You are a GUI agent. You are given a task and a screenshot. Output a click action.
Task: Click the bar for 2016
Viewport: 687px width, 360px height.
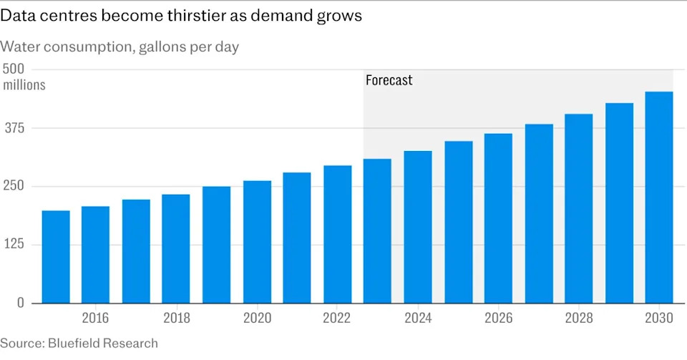pos(95,255)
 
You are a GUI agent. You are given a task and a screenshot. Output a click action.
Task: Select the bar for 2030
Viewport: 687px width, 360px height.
pos(659,197)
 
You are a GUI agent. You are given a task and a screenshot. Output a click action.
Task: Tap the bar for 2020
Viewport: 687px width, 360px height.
pos(257,242)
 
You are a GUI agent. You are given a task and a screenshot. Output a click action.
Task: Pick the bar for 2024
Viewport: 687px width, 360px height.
pos(418,227)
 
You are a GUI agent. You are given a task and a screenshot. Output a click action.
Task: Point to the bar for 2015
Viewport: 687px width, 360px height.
pos(56,257)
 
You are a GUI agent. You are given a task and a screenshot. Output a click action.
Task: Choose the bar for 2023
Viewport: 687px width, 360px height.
pos(377,230)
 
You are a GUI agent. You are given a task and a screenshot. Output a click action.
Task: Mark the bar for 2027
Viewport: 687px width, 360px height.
pos(539,213)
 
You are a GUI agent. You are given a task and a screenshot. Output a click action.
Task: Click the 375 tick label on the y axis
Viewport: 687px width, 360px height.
pos(14,128)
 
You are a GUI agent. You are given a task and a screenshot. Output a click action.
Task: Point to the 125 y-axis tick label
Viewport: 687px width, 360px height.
pos(14,244)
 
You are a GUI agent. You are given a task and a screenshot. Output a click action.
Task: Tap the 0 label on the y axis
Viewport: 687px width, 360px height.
pos(21,303)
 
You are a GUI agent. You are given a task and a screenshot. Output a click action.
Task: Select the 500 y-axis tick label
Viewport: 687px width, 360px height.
pos(14,69)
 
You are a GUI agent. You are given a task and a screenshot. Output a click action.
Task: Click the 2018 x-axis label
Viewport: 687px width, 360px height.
pos(177,318)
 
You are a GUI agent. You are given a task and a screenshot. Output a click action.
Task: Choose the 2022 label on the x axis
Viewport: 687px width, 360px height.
pos(336,318)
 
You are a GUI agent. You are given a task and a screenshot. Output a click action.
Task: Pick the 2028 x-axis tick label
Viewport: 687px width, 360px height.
pos(579,318)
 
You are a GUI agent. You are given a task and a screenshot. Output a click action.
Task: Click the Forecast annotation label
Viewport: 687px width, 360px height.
pos(389,80)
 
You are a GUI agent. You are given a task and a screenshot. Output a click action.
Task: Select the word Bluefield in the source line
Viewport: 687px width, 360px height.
pos(74,343)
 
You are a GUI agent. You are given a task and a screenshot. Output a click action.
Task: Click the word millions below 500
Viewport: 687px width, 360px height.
pos(24,84)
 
